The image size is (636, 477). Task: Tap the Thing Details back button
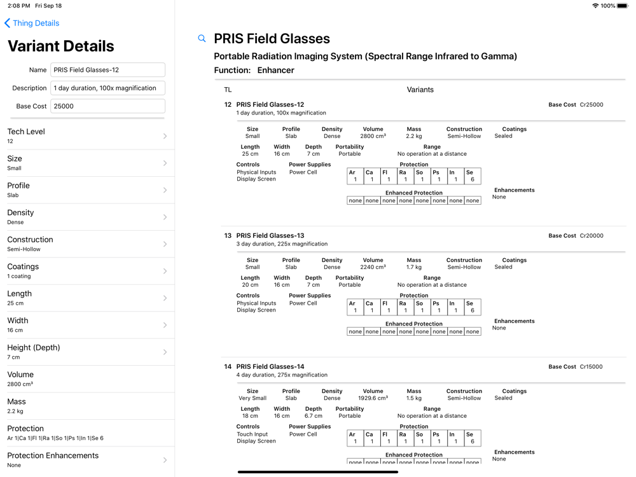pyautogui.click(x=32, y=24)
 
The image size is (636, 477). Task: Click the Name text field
pyautogui.click(x=107, y=70)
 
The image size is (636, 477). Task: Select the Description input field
pyautogui.click(x=107, y=88)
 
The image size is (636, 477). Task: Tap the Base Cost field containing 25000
pyautogui.click(x=107, y=106)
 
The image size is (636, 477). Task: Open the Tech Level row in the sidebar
pyautogui.click(x=87, y=136)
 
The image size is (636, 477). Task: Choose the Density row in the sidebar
pyautogui.click(x=87, y=217)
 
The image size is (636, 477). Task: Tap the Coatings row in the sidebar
pyautogui.click(x=87, y=271)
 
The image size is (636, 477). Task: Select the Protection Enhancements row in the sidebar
pyautogui.click(x=87, y=460)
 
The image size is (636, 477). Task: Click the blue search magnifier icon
pyautogui.click(x=202, y=39)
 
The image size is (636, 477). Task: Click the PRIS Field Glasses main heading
pyautogui.click(x=272, y=39)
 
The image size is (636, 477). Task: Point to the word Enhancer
pyautogui.click(x=275, y=71)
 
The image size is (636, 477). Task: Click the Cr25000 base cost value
pyautogui.click(x=591, y=105)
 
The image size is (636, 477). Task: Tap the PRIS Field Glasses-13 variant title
pyautogui.click(x=270, y=236)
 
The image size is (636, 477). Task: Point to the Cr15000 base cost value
pyautogui.click(x=591, y=367)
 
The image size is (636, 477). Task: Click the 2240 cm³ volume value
pyautogui.click(x=373, y=268)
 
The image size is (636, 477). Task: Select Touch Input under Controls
pyautogui.click(x=252, y=434)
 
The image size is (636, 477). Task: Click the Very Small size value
pyautogui.click(x=252, y=399)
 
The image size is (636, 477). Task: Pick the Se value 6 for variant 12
pyautogui.click(x=473, y=180)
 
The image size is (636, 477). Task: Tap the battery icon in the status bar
pyautogui.click(x=623, y=6)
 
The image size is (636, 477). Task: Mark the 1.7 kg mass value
pyautogui.click(x=413, y=268)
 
